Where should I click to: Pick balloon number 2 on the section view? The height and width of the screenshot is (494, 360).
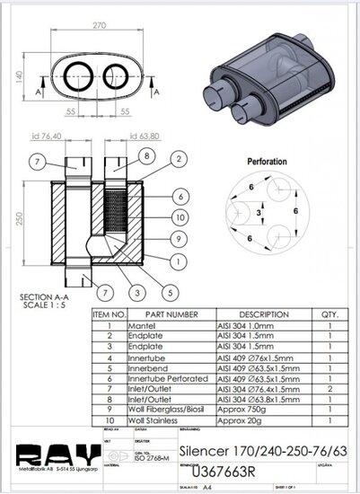179,159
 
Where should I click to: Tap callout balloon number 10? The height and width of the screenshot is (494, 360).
180,217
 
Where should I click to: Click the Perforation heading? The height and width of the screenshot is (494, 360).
267,162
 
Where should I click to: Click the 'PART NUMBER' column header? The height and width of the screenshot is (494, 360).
166,315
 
